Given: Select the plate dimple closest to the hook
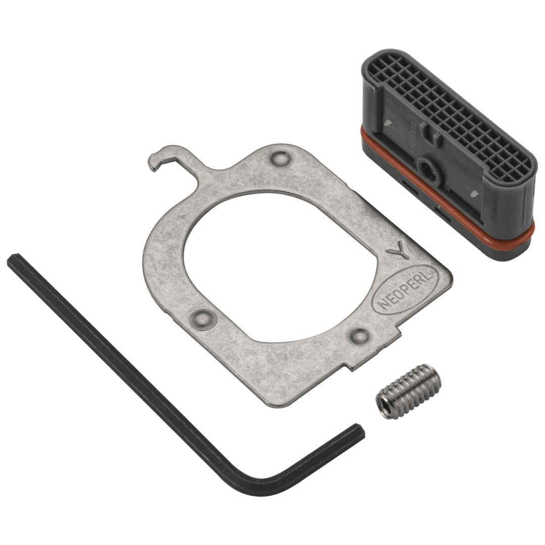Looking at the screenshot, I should click(x=280, y=159).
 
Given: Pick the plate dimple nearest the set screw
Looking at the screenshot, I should click(x=360, y=335).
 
